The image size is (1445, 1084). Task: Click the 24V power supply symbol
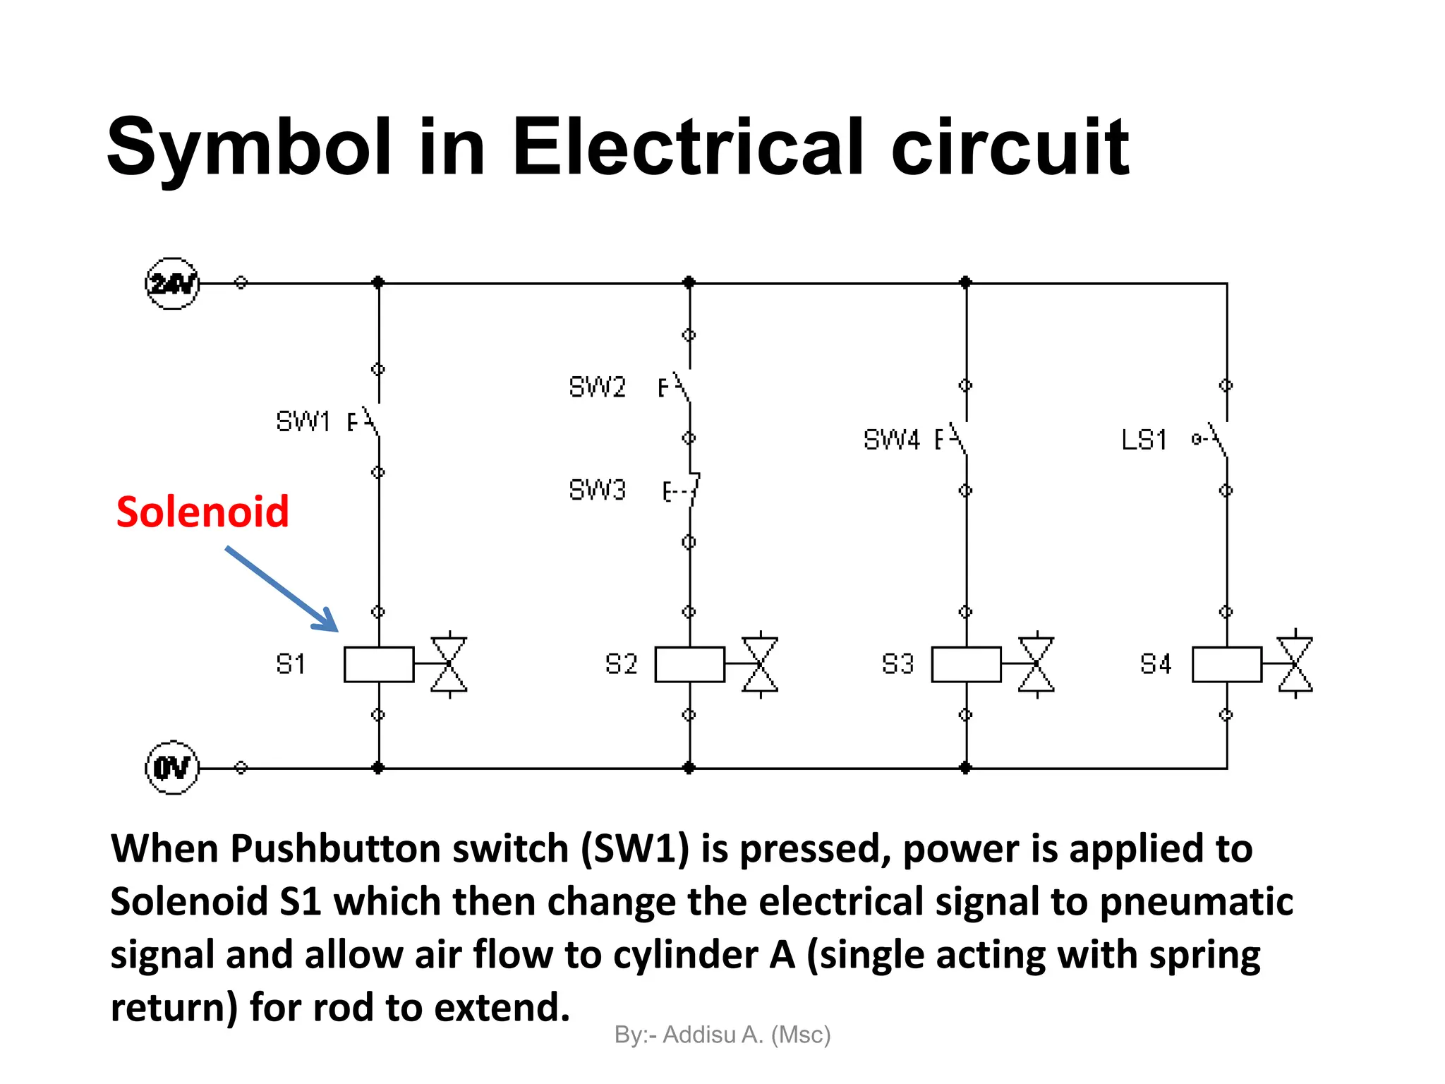tap(172, 284)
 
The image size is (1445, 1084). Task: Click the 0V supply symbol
tap(172, 768)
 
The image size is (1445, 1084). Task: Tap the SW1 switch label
tap(303, 421)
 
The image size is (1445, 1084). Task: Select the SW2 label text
tap(597, 387)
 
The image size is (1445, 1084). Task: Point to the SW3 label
tap(597, 490)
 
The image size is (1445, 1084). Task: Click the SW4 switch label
tap(892, 440)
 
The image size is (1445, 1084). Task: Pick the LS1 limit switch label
tap(1144, 440)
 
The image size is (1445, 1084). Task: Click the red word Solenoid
tap(202, 512)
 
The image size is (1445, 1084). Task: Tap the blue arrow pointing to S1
tap(282, 589)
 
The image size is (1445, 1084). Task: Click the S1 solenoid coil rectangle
tap(379, 664)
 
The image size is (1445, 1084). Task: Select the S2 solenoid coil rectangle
tap(689, 664)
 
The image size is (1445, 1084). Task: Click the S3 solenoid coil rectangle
tap(966, 664)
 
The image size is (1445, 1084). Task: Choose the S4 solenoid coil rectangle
tap(1227, 664)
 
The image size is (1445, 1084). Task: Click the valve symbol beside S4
tap(1295, 664)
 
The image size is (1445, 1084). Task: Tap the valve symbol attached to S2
tap(760, 664)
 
